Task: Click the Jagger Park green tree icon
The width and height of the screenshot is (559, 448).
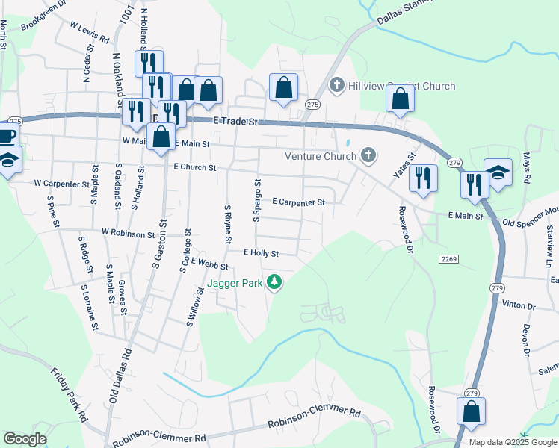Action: pyautogui.click(x=276, y=281)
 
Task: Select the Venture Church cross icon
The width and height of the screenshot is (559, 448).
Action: pyautogui.click(x=367, y=155)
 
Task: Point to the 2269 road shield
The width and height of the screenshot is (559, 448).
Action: pyautogui.click(x=448, y=258)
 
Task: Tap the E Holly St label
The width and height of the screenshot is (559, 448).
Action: pyautogui.click(x=260, y=254)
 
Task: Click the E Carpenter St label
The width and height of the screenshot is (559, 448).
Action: pyautogui.click(x=298, y=202)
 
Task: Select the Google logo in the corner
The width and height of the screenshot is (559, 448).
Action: pyautogui.click(x=25, y=439)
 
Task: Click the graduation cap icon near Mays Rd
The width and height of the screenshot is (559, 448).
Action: pyautogui.click(x=498, y=172)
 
